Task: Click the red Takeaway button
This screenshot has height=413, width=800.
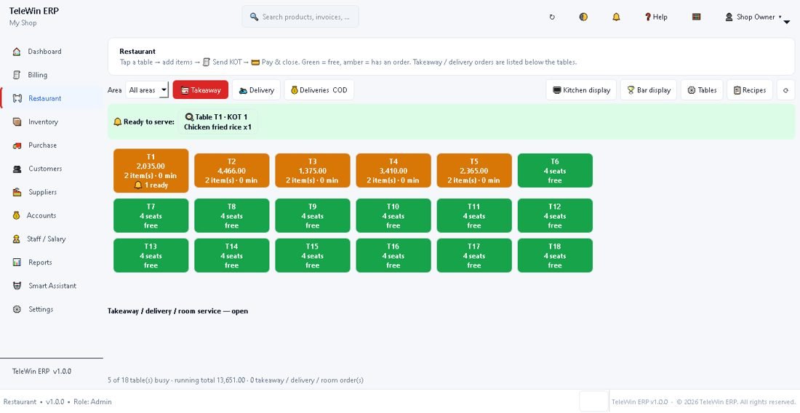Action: tap(201, 90)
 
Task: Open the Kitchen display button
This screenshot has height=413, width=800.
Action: tap(581, 90)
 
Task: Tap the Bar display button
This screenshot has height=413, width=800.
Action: tap(649, 90)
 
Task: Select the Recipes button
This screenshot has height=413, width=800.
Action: tap(750, 90)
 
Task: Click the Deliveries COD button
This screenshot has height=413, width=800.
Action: tap(319, 90)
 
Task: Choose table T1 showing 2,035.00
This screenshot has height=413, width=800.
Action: tap(151, 171)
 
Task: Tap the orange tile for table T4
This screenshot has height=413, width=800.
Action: tap(393, 171)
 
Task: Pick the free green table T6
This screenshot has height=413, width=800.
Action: tap(555, 171)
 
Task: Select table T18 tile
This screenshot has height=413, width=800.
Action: tap(555, 255)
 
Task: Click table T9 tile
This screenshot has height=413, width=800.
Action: tap(313, 216)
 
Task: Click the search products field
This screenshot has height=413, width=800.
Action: tap(300, 17)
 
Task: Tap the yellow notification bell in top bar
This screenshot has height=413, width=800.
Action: tap(616, 17)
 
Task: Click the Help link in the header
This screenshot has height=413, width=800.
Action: tap(656, 17)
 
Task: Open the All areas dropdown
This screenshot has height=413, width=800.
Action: tap(147, 90)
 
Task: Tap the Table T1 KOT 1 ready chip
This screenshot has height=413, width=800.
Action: tap(218, 122)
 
